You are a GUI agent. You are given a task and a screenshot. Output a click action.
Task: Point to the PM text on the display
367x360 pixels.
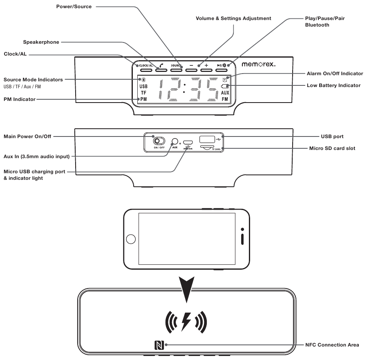143,99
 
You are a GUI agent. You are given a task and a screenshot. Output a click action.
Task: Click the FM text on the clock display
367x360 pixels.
225,99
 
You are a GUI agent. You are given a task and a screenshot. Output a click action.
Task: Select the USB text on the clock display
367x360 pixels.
143,87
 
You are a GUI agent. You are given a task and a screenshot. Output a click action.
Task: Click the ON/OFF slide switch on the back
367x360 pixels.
158,141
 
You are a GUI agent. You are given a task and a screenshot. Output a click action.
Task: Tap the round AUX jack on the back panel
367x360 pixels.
175,141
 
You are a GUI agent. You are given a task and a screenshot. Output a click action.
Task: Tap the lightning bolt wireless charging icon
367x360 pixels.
186,321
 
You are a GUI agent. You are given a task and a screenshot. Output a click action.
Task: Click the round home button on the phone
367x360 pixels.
130,239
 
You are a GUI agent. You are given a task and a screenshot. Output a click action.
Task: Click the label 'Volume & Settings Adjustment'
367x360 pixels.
233,18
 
